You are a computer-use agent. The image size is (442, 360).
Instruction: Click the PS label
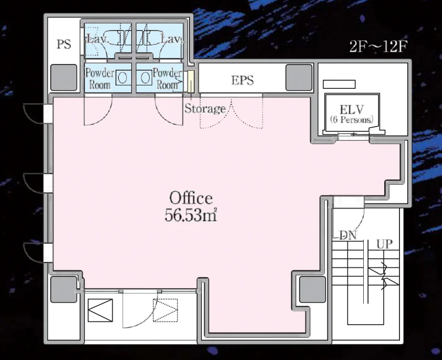(64, 44)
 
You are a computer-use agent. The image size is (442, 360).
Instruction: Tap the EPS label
(242, 80)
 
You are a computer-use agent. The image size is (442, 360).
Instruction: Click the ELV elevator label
(351, 109)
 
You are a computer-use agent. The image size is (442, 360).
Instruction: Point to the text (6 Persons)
(351, 119)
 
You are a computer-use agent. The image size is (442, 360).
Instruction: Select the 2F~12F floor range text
(379, 46)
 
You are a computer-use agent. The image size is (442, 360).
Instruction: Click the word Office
(191, 198)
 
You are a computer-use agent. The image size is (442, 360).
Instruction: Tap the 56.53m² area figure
(191, 215)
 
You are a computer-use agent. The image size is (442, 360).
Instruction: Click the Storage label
(205, 109)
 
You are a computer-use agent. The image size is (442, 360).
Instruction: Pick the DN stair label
(348, 235)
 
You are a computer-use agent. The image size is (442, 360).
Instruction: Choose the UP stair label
(385, 244)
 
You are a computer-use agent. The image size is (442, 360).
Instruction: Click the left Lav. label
(97, 39)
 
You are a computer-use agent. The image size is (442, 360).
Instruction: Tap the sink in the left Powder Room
(122, 78)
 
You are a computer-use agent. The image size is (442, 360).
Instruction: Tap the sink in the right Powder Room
(145, 77)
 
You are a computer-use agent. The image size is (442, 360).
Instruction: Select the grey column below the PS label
(63, 77)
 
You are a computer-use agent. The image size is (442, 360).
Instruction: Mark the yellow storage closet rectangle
(191, 81)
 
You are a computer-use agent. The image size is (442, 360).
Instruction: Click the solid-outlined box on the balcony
(100, 310)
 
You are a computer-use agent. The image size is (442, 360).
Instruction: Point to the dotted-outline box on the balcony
(166, 310)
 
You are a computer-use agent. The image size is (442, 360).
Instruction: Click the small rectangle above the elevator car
(339, 85)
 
